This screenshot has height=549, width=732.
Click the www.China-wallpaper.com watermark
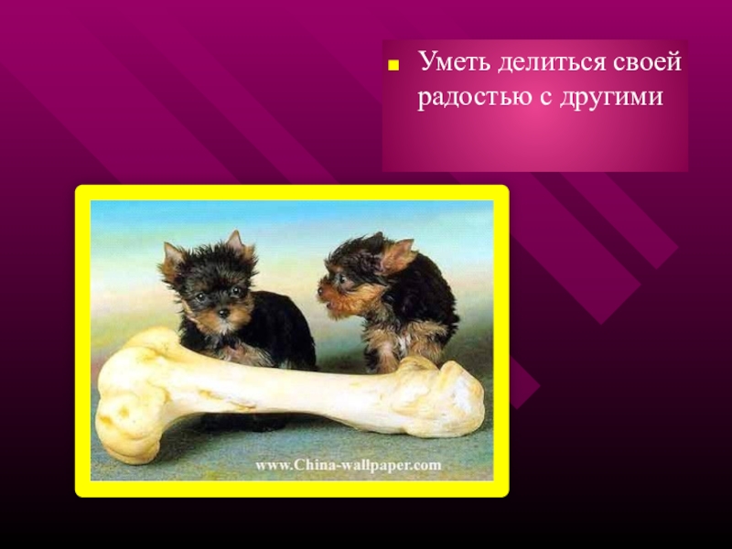pos(348,465)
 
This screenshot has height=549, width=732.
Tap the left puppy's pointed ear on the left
pos(171,261)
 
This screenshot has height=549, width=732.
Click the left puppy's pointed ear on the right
pos(237,245)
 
